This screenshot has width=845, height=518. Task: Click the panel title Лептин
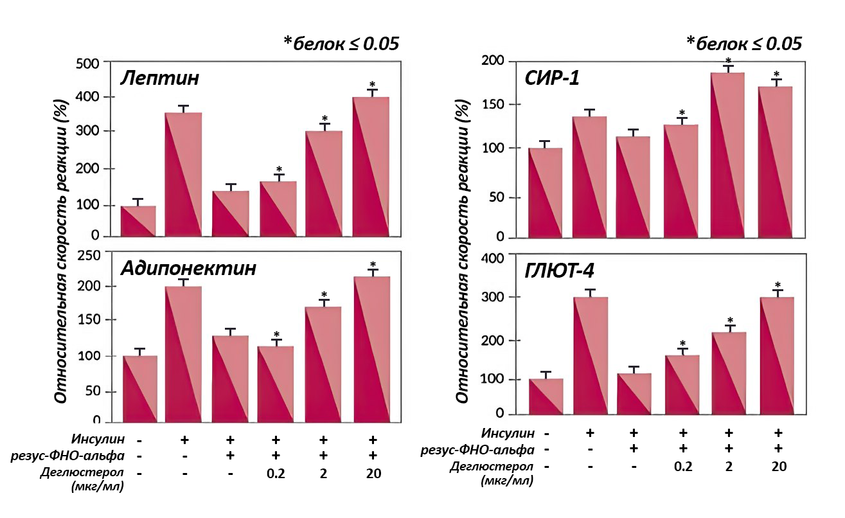click(x=160, y=79)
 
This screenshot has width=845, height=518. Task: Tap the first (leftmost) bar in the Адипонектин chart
click(x=139, y=389)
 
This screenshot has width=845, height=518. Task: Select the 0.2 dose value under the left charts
click(x=277, y=474)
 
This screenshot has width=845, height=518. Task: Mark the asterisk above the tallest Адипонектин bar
click(x=373, y=265)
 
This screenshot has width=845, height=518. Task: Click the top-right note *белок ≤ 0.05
click(x=744, y=44)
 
